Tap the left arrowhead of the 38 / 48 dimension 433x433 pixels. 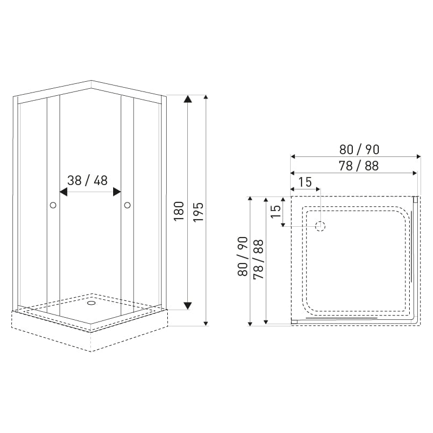(x=63, y=192)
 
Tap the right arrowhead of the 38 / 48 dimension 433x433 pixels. (x=117, y=192)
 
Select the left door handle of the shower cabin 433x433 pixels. (x=53, y=205)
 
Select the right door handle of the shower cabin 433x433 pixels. (x=128, y=205)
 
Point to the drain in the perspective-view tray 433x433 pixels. (x=90, y=303)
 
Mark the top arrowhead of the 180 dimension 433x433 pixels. (x=187, y=99)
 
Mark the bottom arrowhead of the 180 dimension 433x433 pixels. (x=187, y=306)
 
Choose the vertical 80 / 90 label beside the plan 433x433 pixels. (x=242, y=257)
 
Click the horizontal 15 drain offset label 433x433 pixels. (x=305, y=182)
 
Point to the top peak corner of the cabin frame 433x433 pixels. (x=90, y=81)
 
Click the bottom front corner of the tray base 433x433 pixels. (x=90, y=351)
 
